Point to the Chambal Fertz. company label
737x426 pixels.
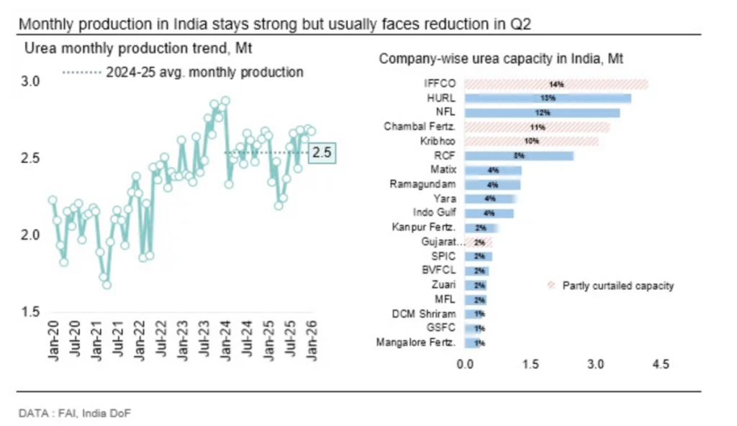[x=422, y=127]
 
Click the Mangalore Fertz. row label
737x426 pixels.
[x=416, y=343]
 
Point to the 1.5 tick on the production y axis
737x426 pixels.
[x=31, y=312]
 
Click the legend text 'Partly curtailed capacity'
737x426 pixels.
[x=618, y=286]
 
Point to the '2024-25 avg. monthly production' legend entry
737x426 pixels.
[x=204, y=72]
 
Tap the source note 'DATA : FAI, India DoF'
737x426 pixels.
[x=75, y=413]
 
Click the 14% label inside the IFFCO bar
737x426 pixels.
[x=556, y=84]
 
